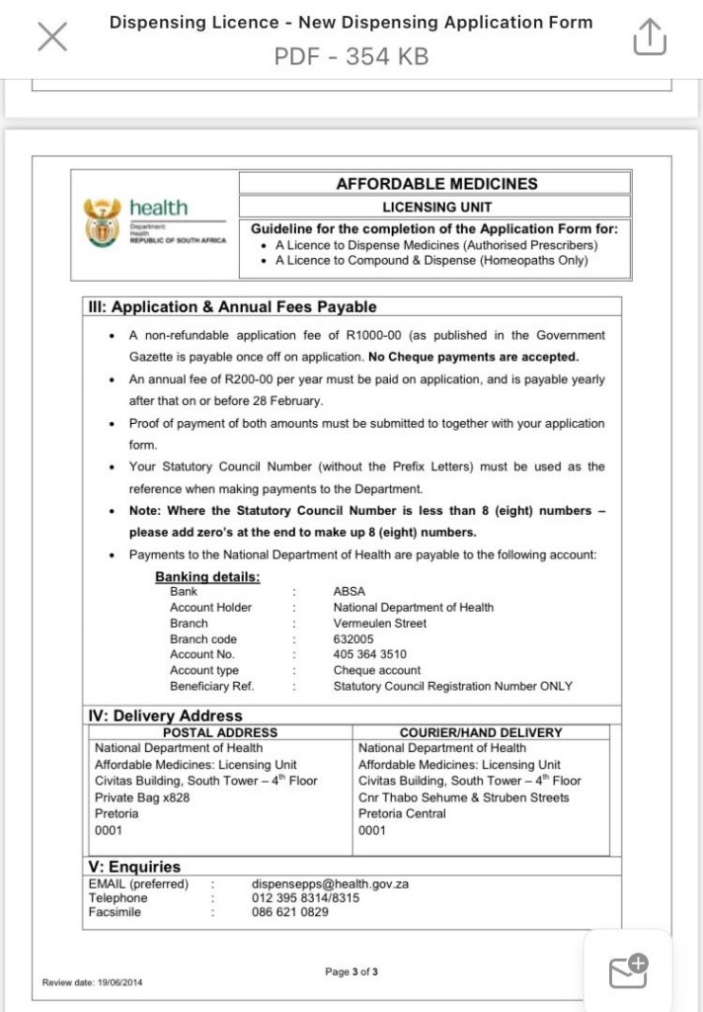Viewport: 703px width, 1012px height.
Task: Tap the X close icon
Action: [52, 38]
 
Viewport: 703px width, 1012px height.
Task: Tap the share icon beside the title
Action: [649, 38]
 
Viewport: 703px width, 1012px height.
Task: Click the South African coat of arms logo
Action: [103, 221]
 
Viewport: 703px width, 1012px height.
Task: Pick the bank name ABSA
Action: [350, 592]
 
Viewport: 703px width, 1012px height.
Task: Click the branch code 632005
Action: [353, 639]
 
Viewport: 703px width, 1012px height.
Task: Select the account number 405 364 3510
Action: [369, 654]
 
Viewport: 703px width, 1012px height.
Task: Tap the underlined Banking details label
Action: [207, 577]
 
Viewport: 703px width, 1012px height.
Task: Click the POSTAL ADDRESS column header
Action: [220, 733]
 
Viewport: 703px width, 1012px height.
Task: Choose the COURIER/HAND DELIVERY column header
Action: [481, 733]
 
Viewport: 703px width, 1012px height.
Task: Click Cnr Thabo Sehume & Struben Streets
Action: [463, 798]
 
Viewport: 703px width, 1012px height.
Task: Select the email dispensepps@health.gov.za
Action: [330, 885]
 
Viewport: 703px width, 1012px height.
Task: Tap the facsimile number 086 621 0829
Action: [290, 912]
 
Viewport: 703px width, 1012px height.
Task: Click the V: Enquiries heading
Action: [135, 867]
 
